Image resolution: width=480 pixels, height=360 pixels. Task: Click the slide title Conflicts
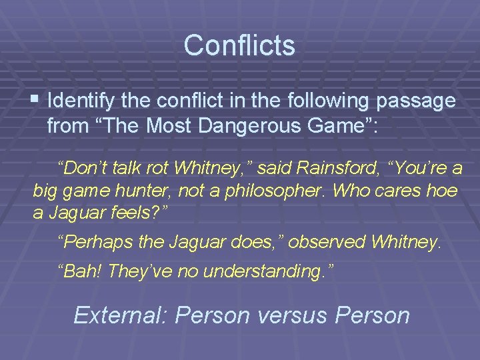pyautogui.click(x=239, y=45)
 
